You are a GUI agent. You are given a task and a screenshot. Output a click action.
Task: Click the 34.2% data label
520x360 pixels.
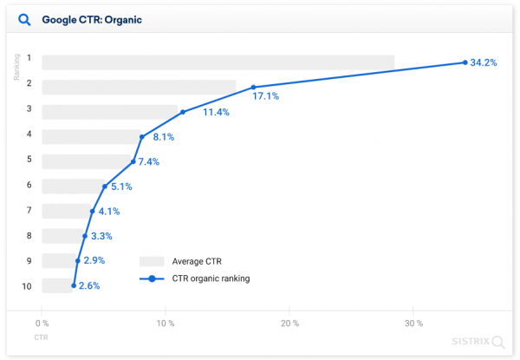(483, 63)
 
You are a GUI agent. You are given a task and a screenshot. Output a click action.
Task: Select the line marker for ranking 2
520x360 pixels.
(253, 87)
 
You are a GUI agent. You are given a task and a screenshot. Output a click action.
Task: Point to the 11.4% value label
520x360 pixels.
(216, 113)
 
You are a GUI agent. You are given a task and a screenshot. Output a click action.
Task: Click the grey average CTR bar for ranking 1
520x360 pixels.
(218, 62)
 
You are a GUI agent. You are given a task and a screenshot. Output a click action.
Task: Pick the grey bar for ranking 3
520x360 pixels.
(110, 112)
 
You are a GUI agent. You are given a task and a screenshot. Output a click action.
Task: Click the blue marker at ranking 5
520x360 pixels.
(133, 161)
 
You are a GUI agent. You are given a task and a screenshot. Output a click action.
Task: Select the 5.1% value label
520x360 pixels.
(122, 186)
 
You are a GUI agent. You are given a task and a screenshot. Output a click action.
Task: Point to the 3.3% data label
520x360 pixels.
(101, 236)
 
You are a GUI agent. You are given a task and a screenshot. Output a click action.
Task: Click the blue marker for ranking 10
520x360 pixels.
(74, 285)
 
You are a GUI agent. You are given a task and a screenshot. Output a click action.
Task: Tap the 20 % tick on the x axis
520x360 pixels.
(289, 324)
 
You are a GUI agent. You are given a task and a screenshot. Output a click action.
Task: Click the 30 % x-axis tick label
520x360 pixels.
(413, 324)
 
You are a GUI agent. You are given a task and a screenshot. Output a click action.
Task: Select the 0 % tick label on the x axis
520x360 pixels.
(42, 324)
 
